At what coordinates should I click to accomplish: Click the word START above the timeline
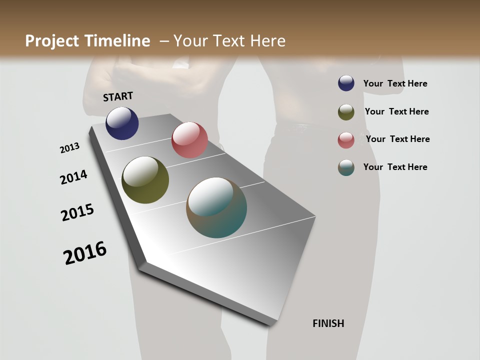pyautogui.click(x=118, y=96)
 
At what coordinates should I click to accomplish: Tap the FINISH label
pyautogui.click(x=328, y=323)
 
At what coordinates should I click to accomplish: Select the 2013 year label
pyautogui.click(x=69, y=148)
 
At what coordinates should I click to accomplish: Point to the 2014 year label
pyautogui.click(x=73, y=177)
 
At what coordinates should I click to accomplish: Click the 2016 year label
pyautogui.click(x=85, y=253)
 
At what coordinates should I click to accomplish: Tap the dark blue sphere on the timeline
pyautogui.click(x=122, y=123)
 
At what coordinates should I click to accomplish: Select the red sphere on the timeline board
pyautogui.click(x=189, y=140)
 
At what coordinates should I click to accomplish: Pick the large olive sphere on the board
pyautogui.click(x=145, y=180)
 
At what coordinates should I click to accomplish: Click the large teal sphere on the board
pyautogui.click(x=216, y=207)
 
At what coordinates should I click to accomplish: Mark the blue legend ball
pyautogui.click(x=346, y=83)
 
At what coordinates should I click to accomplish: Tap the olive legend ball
pyautogui.click(x=346, y=111)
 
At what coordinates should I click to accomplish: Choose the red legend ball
pyautogui.click(x=346, y=139)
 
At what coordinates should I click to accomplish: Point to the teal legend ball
pyautogui.click(x=346, y=167)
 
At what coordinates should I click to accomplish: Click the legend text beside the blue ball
pyautogui.click(x=395, y=83)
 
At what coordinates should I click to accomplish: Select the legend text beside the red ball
pyautogui.click(x=397, y=139)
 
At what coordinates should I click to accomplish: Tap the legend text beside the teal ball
pyautogui.click(x=395, y=167)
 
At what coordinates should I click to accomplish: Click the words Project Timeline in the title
pyautogui.click(x=87, y=41)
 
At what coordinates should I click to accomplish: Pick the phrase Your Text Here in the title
pyautogui.click(x=229, y=41)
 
